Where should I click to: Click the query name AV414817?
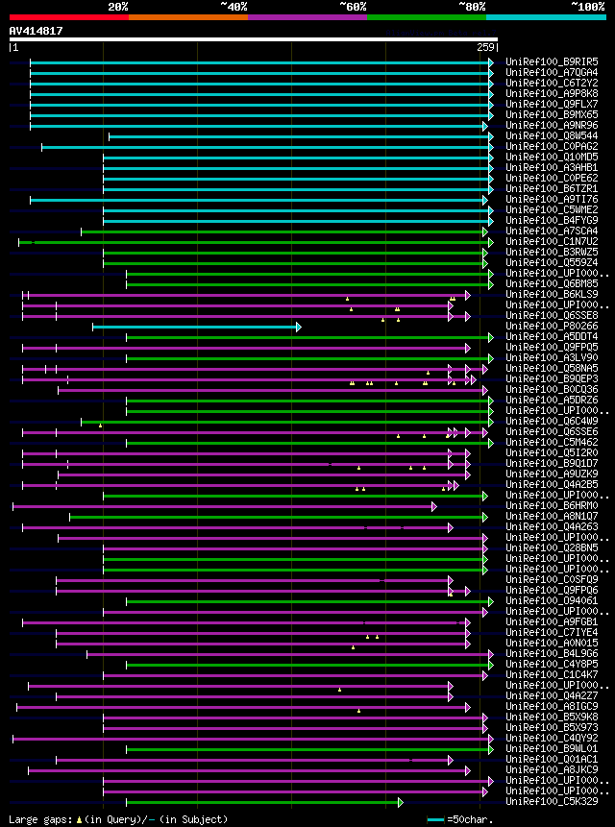pos(37,31)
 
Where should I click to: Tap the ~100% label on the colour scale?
pos(587,6)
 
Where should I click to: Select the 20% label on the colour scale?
pos(118,6)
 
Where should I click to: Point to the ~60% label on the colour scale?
pos(353,6)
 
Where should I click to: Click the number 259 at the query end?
pos(484,47)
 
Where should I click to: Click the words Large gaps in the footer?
pos(39,819)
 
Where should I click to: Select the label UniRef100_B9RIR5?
pos(552,62)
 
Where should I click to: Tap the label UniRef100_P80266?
pos(552,327)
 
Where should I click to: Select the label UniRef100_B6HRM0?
pos(552,505)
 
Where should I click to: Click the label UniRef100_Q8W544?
pos(552,136)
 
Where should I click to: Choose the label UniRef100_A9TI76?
pos(552,200)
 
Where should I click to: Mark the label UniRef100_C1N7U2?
pos(552,242)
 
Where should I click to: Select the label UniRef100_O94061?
pos(552,601)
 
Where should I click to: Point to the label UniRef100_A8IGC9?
pos(552,707)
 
